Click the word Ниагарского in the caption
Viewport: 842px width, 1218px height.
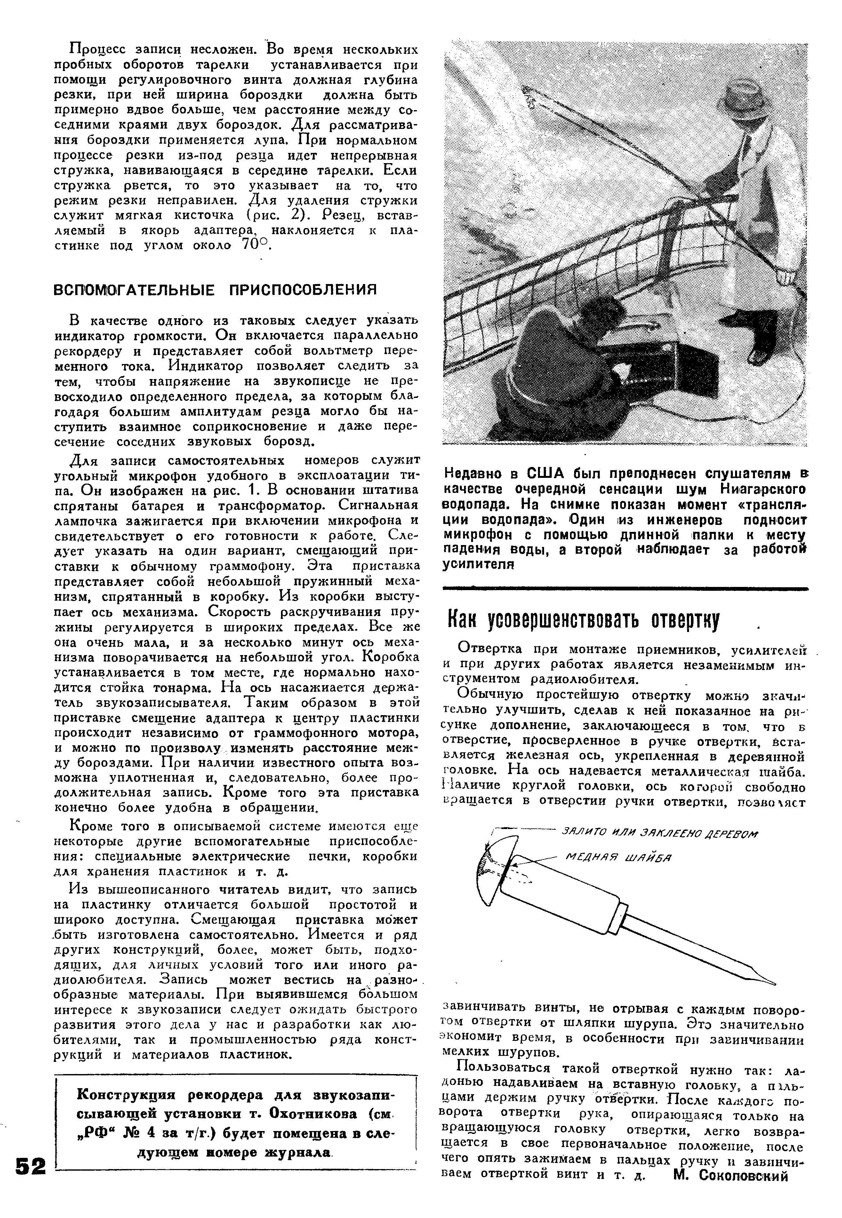[x=769, y=488]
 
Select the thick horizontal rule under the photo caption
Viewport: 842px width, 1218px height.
[x=625, y=587]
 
